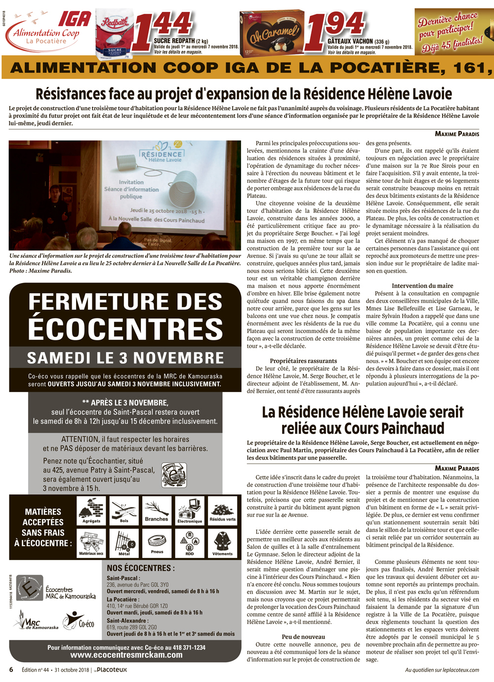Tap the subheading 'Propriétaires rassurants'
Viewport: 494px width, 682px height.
(303, 361)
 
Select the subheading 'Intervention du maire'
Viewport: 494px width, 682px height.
(422, 286)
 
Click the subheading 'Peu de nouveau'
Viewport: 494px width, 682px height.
(303, 637)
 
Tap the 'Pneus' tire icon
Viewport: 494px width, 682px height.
(157, 543)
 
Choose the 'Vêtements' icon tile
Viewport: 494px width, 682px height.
(222, 543)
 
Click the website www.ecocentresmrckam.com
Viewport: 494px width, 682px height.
(126, 655)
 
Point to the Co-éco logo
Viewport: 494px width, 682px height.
(79, 621)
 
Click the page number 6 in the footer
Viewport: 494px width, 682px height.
(11, 670)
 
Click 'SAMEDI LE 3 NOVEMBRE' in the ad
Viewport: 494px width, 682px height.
(125, 358)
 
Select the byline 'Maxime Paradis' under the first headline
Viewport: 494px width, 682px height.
(456, 134)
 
